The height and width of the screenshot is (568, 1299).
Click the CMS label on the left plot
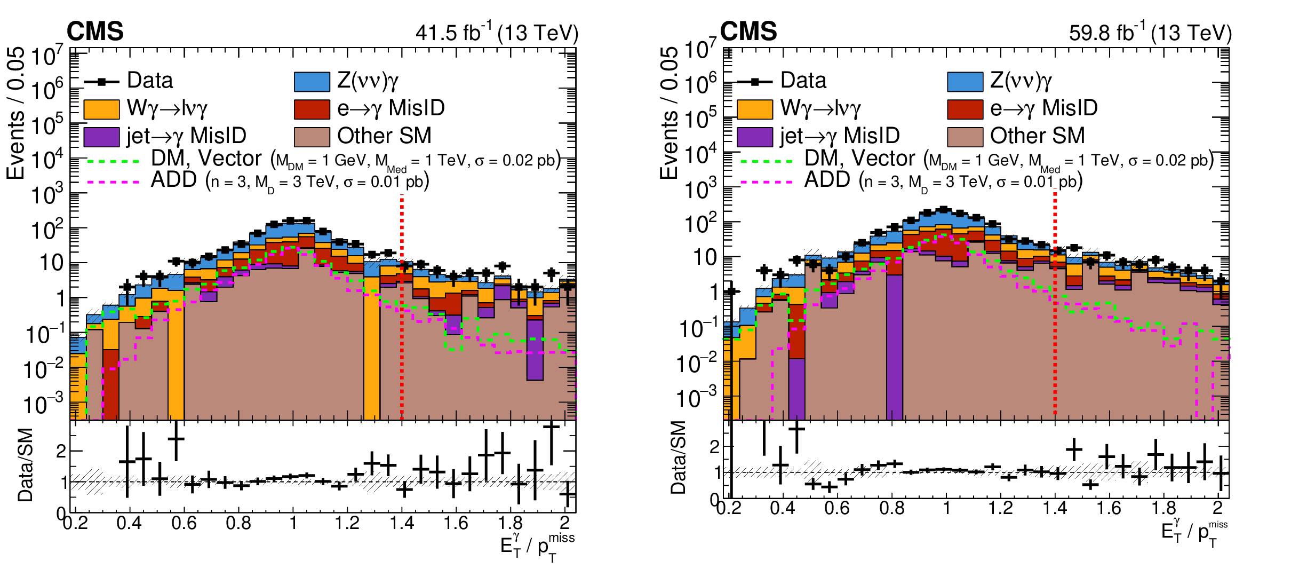click(x=95, y=31)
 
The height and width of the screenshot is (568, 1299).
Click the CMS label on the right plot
click(x=748, y=31)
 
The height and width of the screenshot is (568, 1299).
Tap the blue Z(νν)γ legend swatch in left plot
click(x=312, y=82)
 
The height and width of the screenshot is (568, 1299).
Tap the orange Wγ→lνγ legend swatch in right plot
click(x=754, y=109)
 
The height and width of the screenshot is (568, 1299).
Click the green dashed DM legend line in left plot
click(x=113, y=161)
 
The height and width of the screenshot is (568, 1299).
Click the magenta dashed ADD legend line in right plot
click(x=766, y=182)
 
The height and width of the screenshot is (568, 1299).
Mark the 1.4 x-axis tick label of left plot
click(x=401, y=523)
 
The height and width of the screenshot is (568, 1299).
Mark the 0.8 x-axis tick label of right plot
click(x=891, y=508)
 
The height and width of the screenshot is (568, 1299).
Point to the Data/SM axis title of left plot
click(x=26, y=464)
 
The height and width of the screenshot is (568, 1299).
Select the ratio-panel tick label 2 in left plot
click(x=61, y=451)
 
